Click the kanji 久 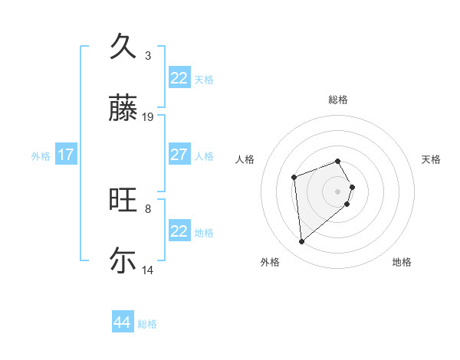tap(123, 47)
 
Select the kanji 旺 tap(123, 200)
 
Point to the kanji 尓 tap(123, 260)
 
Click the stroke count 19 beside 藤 tap(148, 117)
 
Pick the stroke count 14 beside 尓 tap(148, 270)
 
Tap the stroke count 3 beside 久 tap(148, 55)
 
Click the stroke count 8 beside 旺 tap(148, 208)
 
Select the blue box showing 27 tap(179, 155)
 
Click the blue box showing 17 tap(65, 155)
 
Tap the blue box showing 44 tap(122, 322)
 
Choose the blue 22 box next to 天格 tap(179, 78)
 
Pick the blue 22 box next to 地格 tap(179, 231)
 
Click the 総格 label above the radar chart tap(337, 100)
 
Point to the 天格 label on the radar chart tap(431, 159)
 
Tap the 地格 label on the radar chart tap(402, 262)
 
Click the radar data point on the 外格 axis tap(302, 242)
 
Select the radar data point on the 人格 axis tap(294, 178)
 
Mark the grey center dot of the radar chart tap(337, 190)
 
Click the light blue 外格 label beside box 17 tap(41, 155)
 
